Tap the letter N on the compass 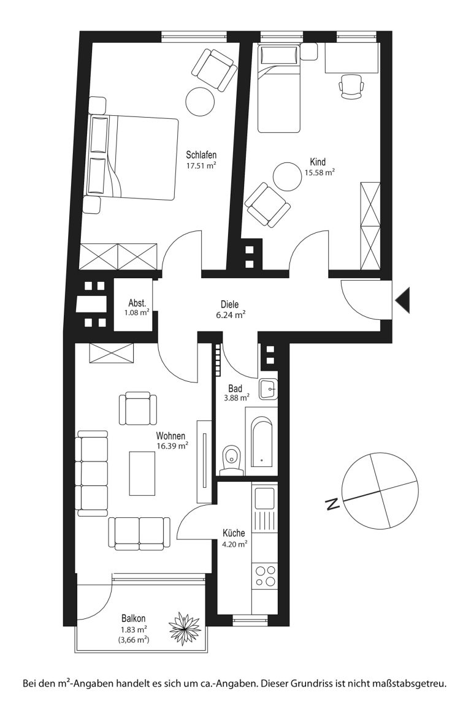pos(332,504)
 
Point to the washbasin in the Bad pos(269,389)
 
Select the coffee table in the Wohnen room pos(142,473)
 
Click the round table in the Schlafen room pos(200,102)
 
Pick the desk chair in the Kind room pos(351,86)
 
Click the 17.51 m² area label pos(202,165)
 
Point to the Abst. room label pos(137,303)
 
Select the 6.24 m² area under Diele pos(231,315)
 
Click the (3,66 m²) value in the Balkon pos(134,639)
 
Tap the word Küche pos(234,534)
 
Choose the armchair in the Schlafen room pos(217,70)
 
